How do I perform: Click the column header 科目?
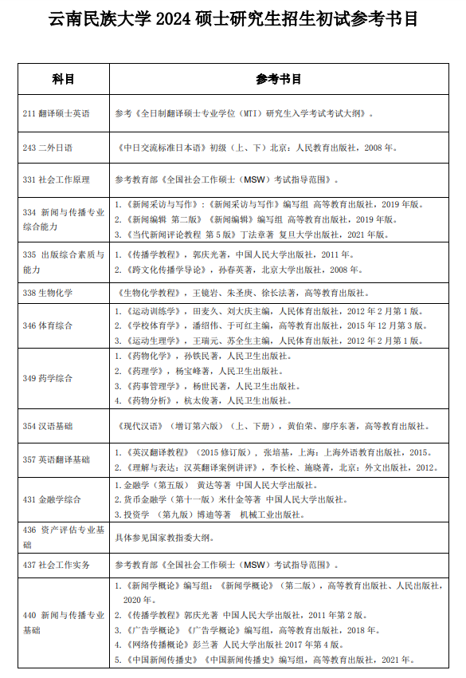pyautogui.click(x=63, y=79)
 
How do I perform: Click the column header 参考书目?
pyautogui.click(x=279, y=79)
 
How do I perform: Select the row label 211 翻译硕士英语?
pyautogui.click(x=57, y=114)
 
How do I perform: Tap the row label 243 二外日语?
pyautogui.click(x=49, y=148)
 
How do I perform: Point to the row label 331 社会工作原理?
pyautogui.click(x=57, y=179)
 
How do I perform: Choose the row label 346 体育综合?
pyautogui.click(x=49, y=325)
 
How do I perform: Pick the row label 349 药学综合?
pyautogui.click(x=49, y=378)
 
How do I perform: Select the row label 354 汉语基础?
pyautogui.click(x=49, y=426)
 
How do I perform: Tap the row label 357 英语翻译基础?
pyautogui.click(x=57, y=459)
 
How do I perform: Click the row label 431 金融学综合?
pyautogui.click(x=53, y=499)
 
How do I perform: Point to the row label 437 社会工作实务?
pyautogui.click(x=57, y=565)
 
